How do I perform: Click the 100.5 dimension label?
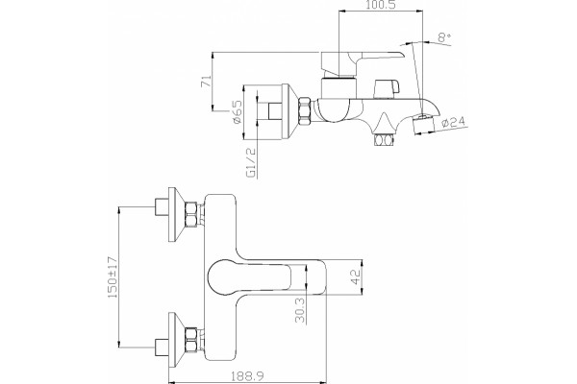coord(381,5)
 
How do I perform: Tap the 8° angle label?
coord(444,37)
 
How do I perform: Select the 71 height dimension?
coord(207,82)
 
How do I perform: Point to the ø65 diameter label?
coord(238,111)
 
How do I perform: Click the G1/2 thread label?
coord(251,163)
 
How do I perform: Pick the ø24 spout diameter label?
coord(453,122)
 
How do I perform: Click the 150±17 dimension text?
coord(113,277)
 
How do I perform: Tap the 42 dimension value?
coord(356,276)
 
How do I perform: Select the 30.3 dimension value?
coord(300,310)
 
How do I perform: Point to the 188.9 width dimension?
coord(247,376)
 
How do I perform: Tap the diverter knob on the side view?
coord(386,88)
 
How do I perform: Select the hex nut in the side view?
coord(305,111)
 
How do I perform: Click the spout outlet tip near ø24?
coord(423,124)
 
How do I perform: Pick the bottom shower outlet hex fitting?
coord(384,140)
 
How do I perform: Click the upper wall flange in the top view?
coord(176,215)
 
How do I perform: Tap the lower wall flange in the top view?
coord(176,340)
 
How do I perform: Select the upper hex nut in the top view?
coord(191,215)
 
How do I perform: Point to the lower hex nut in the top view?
coord(191,340)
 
